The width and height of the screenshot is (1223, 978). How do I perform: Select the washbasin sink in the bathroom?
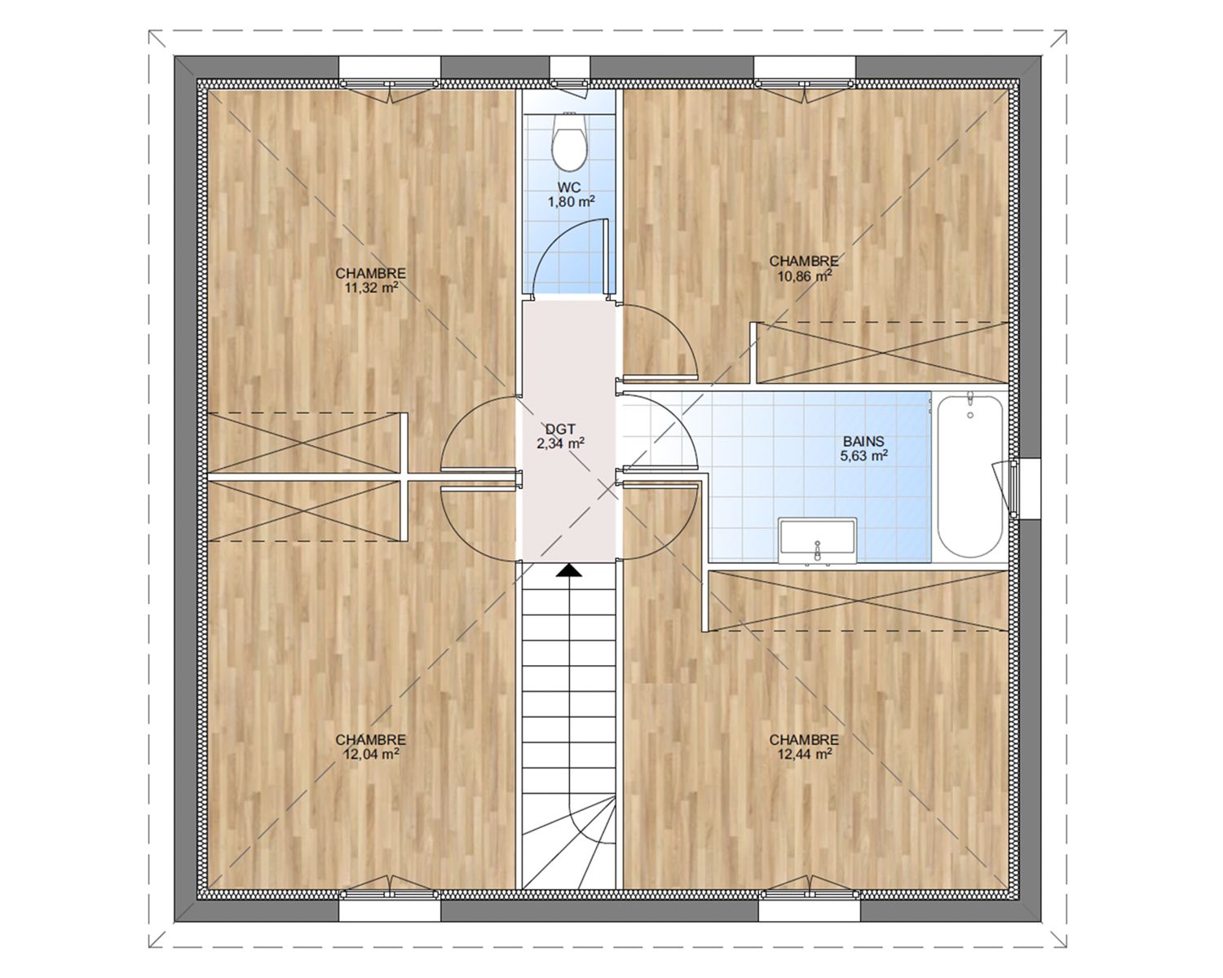(x=818, y=541)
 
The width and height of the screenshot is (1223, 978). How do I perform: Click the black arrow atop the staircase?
(x=569, y=570)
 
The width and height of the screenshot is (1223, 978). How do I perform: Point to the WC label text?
(x=570, y=187)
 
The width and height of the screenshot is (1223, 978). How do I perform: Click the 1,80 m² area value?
(x=572, y=201)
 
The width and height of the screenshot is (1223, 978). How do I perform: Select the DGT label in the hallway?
(x=560, y=429)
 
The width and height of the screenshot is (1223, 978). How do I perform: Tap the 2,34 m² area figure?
(x=560, y=443)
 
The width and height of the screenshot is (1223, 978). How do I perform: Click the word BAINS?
(x=863, y=441)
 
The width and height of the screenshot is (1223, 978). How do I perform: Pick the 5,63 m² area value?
(x=863, y=456)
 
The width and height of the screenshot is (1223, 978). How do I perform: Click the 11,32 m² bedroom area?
(x=370, y=288)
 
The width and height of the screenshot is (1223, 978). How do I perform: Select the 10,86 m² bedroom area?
(x=804, y=275)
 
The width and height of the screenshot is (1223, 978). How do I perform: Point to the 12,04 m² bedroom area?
(x=370, y=754)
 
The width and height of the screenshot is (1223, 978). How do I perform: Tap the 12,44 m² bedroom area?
(x=804, y=754)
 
